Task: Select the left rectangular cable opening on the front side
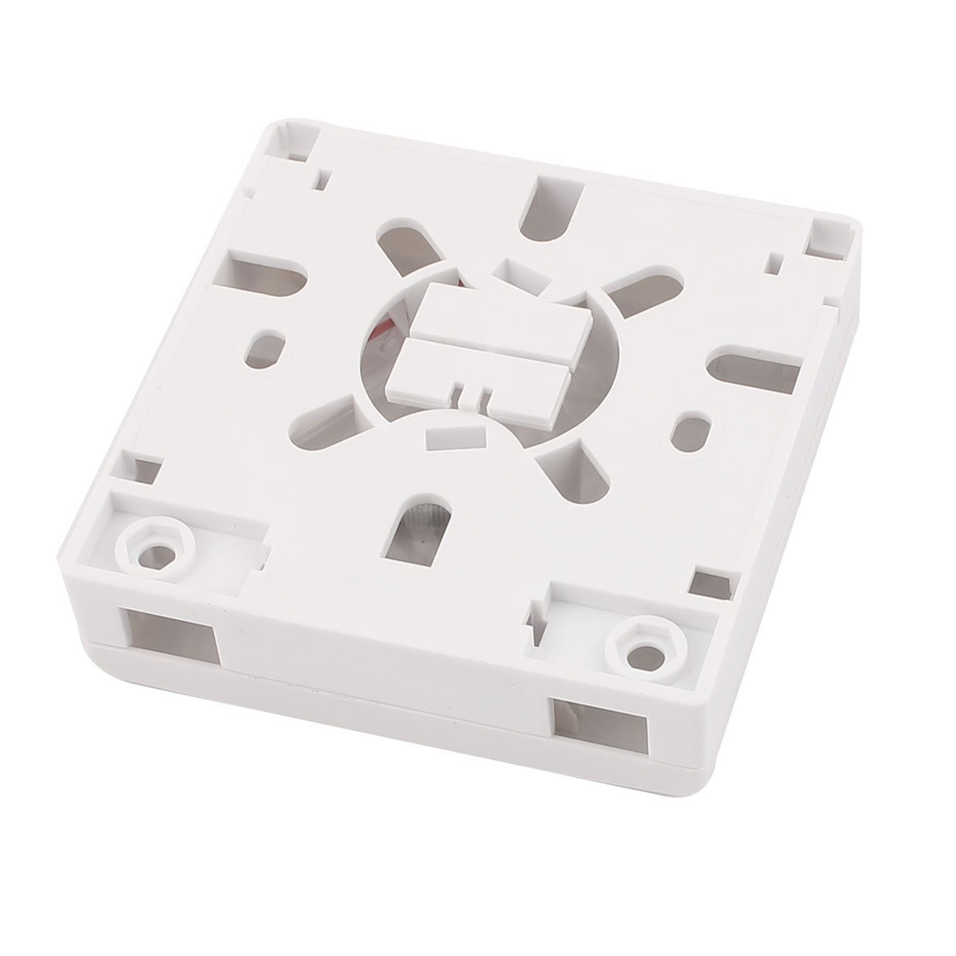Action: pos(174,634)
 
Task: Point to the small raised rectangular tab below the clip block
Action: pos(455,435)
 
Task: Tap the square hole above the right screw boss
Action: pos(714,582)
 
